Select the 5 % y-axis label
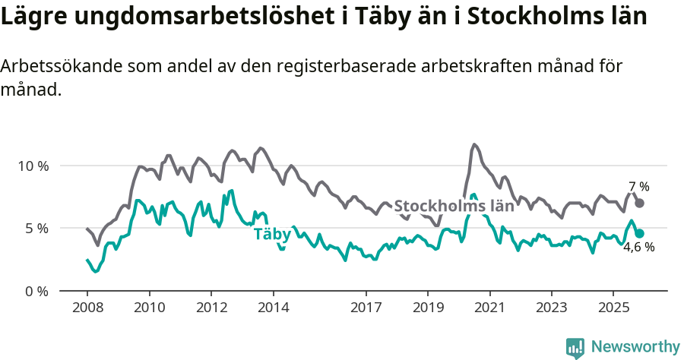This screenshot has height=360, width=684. (x=36, y=228)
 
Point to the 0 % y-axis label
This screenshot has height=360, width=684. (x=36, y=291)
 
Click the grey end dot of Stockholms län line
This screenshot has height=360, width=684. (x=640, y=203)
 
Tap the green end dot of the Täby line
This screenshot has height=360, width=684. (x=640, y=233)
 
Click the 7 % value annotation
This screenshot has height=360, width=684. (x=639, y=187)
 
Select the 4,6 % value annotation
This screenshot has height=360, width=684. (x=638, y=247)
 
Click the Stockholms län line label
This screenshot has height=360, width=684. (x=454, y=206)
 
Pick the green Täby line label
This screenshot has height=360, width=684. (x=272, y=235)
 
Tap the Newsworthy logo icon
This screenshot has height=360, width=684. (x=575, y=348)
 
